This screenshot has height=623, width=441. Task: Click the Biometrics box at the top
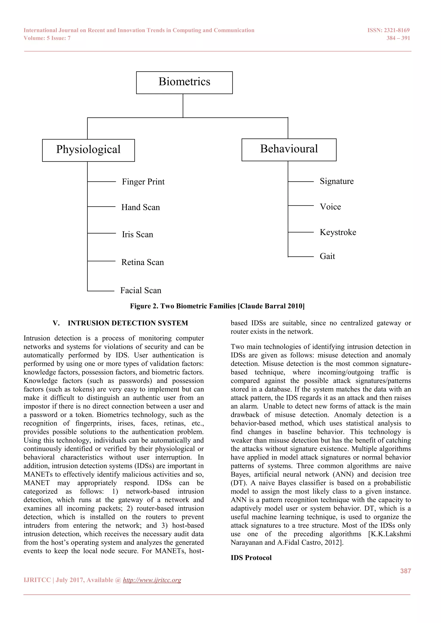click(x=184, y=82)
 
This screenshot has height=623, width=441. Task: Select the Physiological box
click(x=88, y=150)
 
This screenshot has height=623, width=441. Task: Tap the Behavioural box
click(x=289, y=150)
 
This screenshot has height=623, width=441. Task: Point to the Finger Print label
click(x=143, y=182)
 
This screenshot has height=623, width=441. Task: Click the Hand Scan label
click(x=140, y=207)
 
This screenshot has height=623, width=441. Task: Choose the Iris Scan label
click(x=137, y=234)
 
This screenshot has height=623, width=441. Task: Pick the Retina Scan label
click(x=143, y=262)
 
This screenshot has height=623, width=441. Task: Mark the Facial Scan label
click(x=141, y=290)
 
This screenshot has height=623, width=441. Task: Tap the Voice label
click(x=330, y=207)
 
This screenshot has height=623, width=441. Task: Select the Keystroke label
click(x=338, y=232)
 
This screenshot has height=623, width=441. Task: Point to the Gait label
click(x=327, y=256)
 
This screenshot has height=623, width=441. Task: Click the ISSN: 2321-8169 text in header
click(x=388, y=30)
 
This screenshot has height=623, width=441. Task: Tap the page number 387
click(x=405, y=571)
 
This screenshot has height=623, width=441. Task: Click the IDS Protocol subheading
click(x=251, y=558)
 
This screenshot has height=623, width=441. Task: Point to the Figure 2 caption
click(x=217, y=306)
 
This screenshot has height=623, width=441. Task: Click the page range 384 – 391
click(x=398, y=38)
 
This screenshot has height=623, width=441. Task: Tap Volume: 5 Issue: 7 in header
click(x=47, y=38)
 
